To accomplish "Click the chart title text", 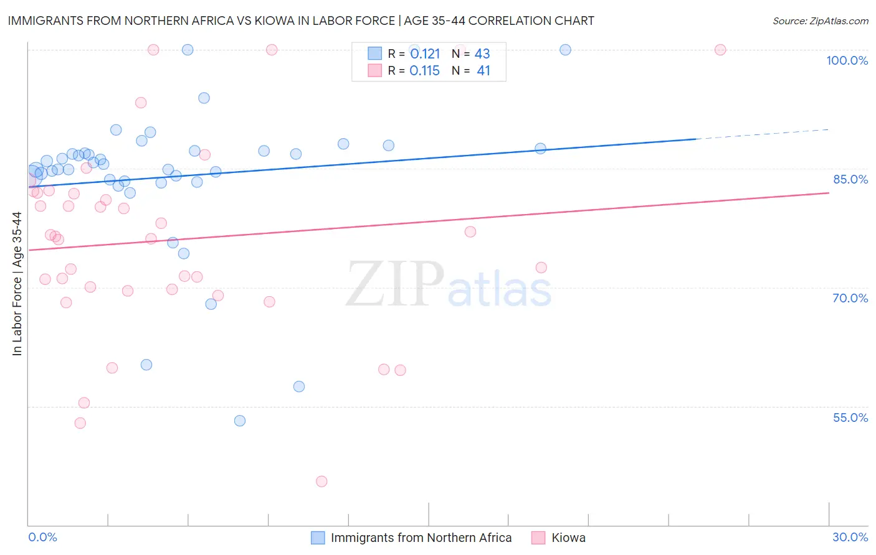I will (x=301, y=21).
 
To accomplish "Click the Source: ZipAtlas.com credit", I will (x=820, y=21).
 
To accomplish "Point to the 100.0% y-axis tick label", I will (x=847, y=60).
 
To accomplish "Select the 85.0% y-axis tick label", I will (x=850, y=179).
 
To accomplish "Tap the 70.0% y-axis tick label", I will (x=850, y=298).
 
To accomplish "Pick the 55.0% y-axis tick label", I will (x=850, y=417).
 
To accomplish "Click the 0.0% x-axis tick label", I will (x=42, y=537).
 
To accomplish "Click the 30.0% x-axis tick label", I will (x=850, y=537).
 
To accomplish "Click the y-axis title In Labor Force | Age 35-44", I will (x=17, y=284).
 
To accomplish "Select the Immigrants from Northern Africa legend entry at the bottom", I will (x=421, y=538).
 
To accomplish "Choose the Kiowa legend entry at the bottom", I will (x=568, y=538).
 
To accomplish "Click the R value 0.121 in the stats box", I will (x=425, y=54).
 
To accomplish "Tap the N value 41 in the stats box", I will (x=483, y=71).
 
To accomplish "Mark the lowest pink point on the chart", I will (x=321, y=481).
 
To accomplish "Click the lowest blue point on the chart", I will (x=240, y=421).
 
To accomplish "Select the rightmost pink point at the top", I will (x=720, y=50).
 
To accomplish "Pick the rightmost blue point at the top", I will (x=565, y=50).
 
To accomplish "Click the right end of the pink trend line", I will (x=828, y=193).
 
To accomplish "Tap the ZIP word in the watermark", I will (x=395, y=284).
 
